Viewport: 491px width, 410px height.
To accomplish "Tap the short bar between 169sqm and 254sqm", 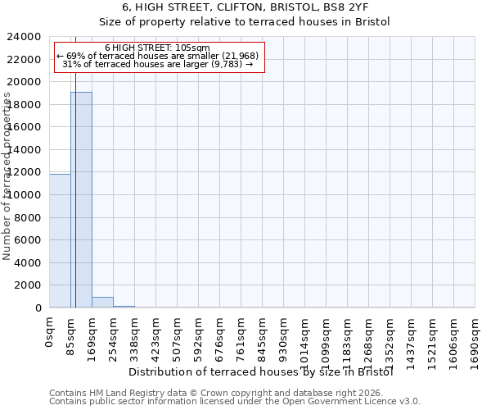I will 102,302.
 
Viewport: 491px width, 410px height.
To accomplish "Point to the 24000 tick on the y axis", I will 29,37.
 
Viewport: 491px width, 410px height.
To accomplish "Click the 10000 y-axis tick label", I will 29,195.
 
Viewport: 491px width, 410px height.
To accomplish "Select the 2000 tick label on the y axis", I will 33,285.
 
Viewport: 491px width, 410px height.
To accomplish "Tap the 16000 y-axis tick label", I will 29,127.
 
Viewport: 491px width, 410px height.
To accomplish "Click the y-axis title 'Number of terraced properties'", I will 7,175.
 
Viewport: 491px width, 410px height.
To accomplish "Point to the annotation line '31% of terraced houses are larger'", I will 158,65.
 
